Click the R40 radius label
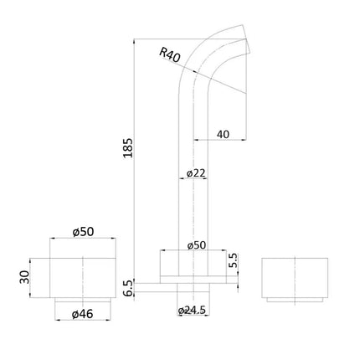tap(170, 54)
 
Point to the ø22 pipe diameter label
tap(194, 173)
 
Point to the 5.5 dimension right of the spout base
tap(233, 262)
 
